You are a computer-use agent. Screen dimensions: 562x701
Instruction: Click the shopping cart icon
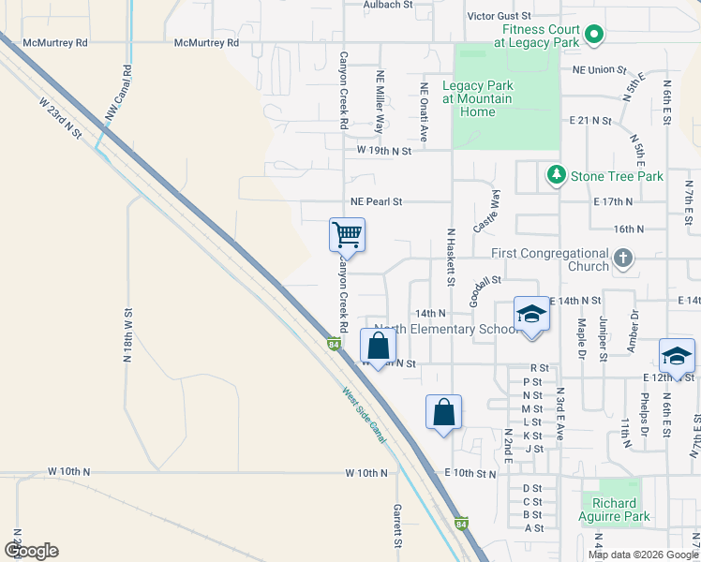point(347,234)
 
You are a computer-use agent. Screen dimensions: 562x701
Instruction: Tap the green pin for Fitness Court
point(593,37)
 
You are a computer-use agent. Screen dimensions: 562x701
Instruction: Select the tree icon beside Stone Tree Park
point(557,175)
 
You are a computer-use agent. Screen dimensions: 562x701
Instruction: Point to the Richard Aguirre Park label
point(614,516)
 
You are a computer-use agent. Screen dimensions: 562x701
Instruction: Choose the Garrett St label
point(397,525)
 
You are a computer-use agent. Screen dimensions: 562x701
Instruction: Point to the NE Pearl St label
point(376,201)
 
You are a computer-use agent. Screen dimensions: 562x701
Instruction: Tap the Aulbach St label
point(389,5)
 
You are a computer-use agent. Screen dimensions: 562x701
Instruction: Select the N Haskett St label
point(451,257)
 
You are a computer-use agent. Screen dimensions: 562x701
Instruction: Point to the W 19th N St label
point(384,151)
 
